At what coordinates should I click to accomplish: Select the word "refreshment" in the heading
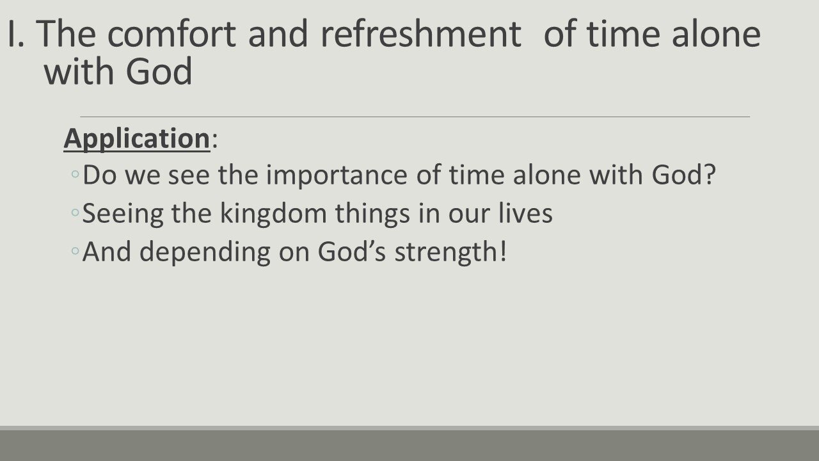coord(420,35)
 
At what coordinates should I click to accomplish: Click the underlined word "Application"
coord(136,139)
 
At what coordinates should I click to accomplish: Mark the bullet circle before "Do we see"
coord(76,176)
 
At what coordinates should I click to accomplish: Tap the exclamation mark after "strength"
coord(502,252)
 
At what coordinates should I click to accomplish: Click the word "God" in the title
coord(159,72)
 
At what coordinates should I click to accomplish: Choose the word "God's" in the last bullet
coord(352,252)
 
